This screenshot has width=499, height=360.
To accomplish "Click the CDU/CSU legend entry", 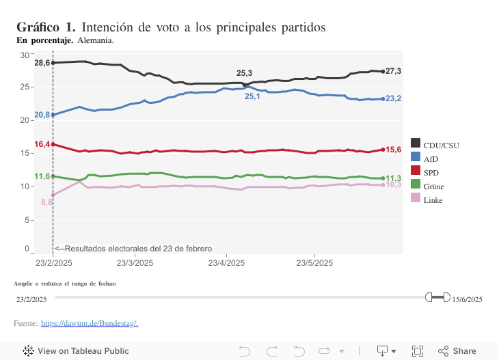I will [x=438, y=145].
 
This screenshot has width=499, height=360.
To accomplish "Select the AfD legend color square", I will [x=415, y=158].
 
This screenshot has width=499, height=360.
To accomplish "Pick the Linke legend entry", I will [x=433, y=199].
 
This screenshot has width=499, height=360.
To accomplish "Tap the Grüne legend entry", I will [x=433, y=186].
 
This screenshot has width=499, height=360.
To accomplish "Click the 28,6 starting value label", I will [x=42, y=63].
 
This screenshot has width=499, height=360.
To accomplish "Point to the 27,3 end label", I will [x=393, y=71].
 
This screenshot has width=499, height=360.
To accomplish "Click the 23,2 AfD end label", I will [x=393, y=99].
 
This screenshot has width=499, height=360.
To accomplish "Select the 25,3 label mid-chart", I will [x=244, y=73].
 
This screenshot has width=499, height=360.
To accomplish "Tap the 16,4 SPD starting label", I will [x=42, y=144].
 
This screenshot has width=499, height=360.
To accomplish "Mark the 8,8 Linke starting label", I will [x=46, y=202].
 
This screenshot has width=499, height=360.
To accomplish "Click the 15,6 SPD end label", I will [x=393, y=150].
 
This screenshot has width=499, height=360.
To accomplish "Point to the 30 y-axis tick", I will [x=24, y=55].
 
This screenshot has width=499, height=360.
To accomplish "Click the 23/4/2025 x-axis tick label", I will [x=226, y=262].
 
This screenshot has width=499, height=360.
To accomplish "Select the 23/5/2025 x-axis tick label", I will [x=314, y=262].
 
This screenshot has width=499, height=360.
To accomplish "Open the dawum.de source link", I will [x=90, y=322].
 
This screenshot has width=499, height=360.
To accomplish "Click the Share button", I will [x=457, y=351].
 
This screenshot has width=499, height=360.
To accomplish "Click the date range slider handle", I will [x=437, y=297].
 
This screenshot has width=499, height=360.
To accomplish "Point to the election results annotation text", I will [x=133, y=249].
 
